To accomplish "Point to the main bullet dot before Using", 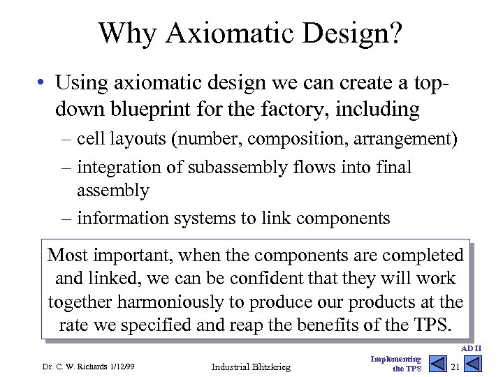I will click(43, 83).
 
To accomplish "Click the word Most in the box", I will click(67, 256).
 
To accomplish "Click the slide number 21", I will click(455, 367).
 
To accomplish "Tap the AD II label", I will click(472, 348).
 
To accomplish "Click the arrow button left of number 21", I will click(437, 364).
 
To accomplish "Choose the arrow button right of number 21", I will click(473, 364).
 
